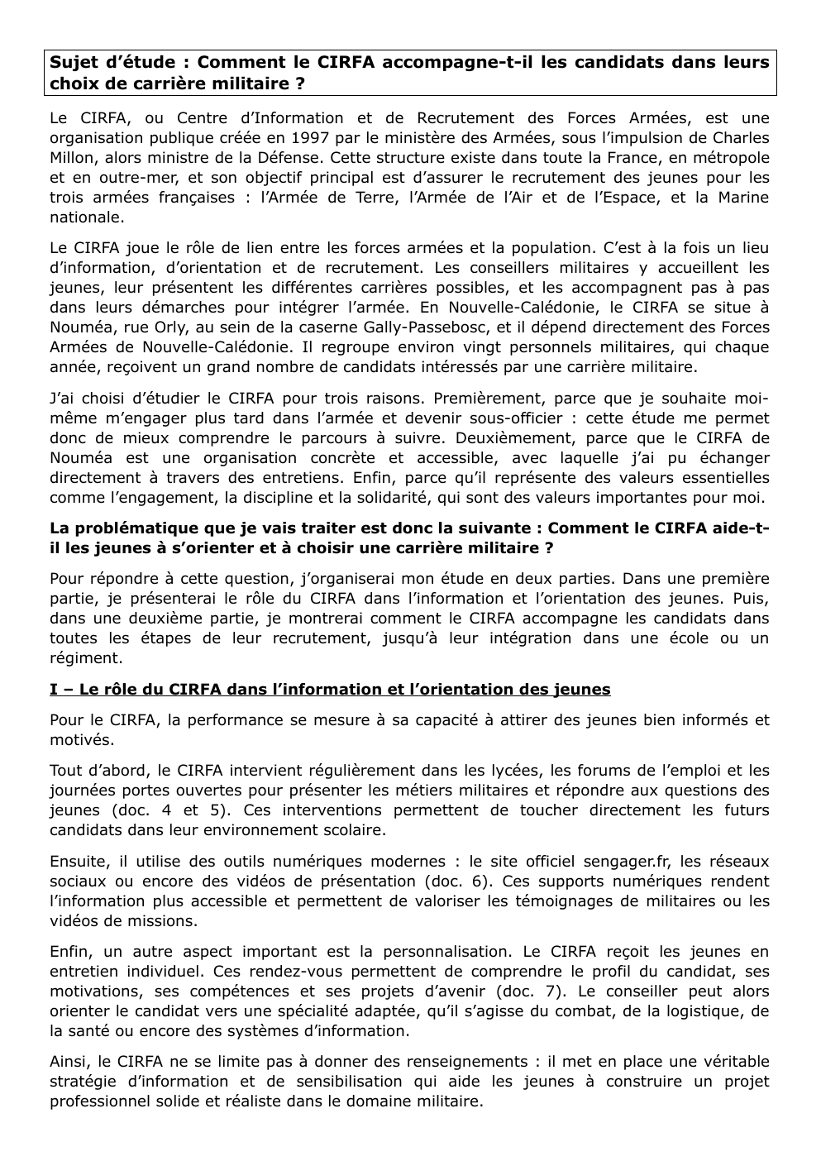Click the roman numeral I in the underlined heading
54,689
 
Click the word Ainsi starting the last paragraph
69,1062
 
